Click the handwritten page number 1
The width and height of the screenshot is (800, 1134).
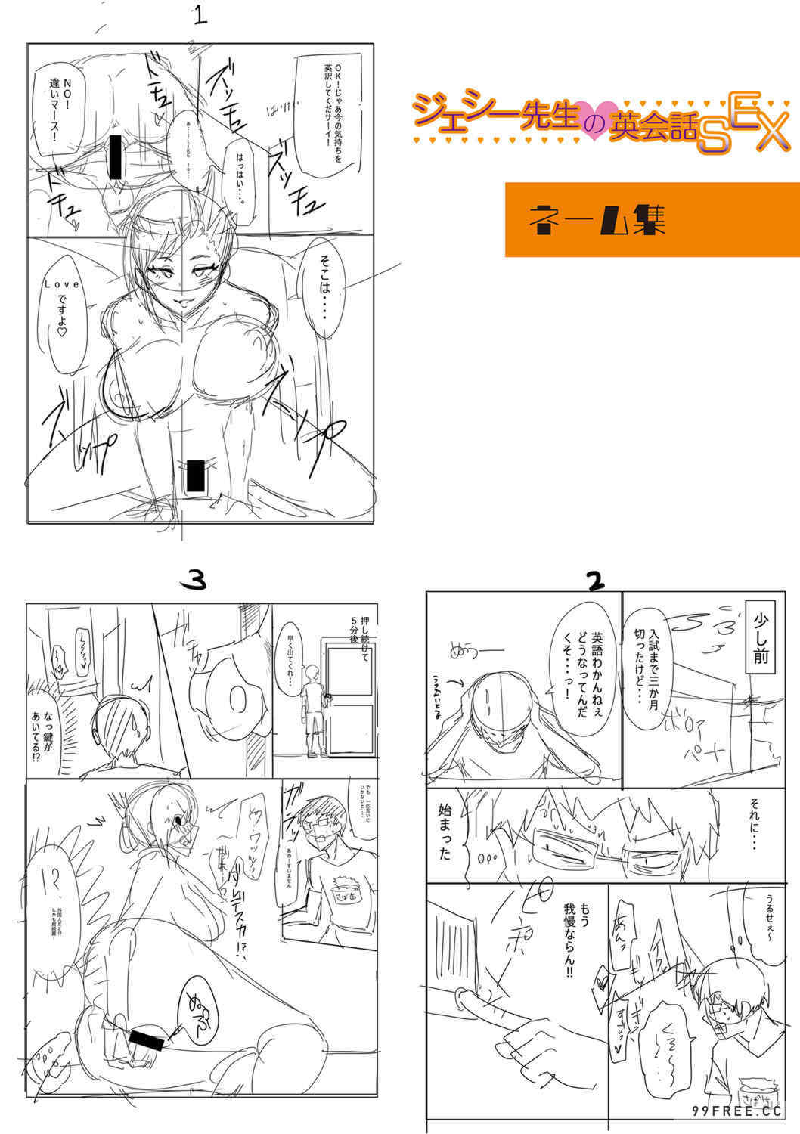[199, 16]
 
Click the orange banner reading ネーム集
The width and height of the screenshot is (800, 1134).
[652, 219]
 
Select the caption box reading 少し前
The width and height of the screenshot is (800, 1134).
[760, 642]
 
